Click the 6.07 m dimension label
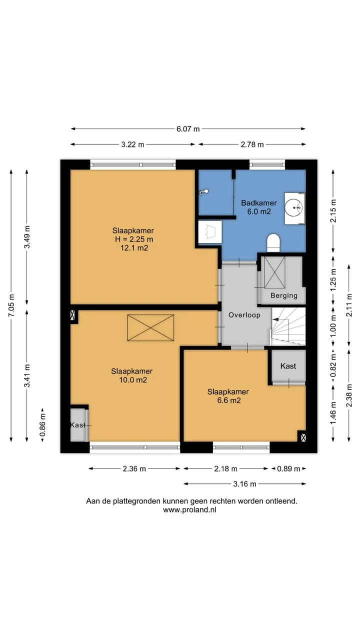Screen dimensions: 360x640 click(187, 129)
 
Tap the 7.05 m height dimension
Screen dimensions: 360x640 click(11, 305)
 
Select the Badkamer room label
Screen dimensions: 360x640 click(259, 203)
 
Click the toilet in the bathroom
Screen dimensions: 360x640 click(273, 243)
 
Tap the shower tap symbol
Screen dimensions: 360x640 click(203, 192)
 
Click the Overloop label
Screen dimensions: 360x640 click(244, 315)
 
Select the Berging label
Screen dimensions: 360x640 click(284, 295)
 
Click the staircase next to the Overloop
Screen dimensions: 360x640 click(288, 326)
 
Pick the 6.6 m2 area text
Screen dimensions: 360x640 click(229, 400)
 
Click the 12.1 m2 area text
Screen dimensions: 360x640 click(134, 247)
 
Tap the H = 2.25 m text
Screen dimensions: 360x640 click(134, 239)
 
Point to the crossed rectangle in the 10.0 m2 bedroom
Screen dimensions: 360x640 click(150, 327)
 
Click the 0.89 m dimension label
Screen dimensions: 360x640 click(288, 468)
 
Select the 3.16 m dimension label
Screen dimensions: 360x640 click(245, 483)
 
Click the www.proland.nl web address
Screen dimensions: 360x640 click(189, 509)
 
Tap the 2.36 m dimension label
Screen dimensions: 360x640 click(134, 468)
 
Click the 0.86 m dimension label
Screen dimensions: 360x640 click(42, 425)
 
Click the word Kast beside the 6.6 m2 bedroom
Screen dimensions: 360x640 click(288, 366)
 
